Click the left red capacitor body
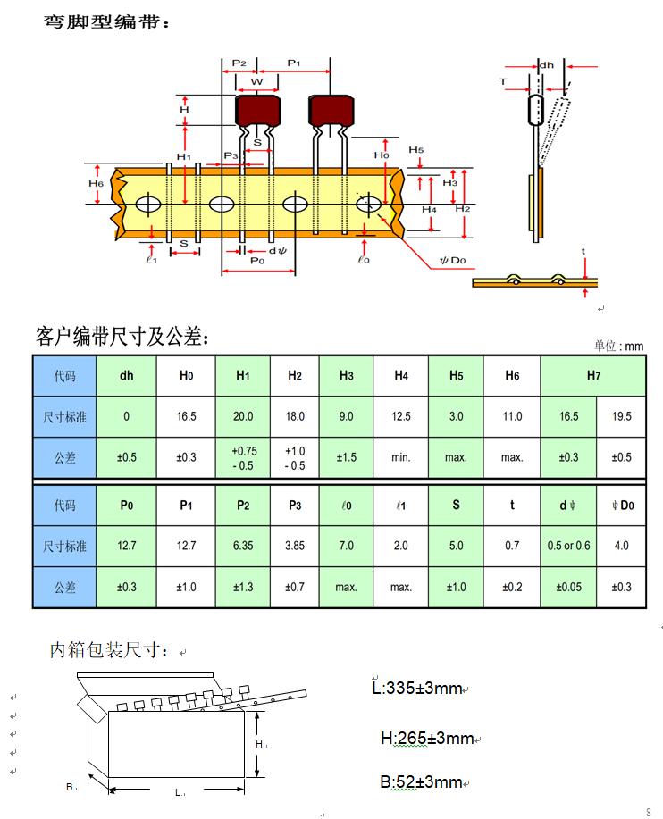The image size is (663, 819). click(x=257, y=111)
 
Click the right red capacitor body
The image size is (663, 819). click(x=331, y=111)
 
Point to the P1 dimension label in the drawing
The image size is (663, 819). click(x=294, y=63)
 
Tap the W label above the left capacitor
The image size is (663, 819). click(x=257, y=81)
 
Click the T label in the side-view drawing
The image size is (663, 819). click(x=503, y=81)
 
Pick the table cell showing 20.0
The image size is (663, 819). click(x=242, y=416)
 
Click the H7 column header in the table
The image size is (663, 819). click(x=593, y=376)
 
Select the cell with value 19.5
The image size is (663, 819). click(x=621, y=416)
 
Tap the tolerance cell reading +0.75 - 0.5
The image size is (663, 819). click(x=242, y=457)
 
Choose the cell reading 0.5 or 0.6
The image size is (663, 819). click(x=568, y=546)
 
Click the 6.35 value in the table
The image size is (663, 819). click(x=242, y=546)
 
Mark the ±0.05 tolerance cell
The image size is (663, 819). click(x=568, y=587)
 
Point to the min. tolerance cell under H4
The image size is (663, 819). click(x=401, y=457)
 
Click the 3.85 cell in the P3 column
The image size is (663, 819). click(x=295, y=546)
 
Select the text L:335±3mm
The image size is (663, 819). click(x=418, y=688)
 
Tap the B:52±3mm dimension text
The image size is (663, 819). click(x=422, y=782)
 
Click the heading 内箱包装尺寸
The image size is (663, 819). click(x=107, y=651)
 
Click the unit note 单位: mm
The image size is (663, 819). click(x=618, y=346)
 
